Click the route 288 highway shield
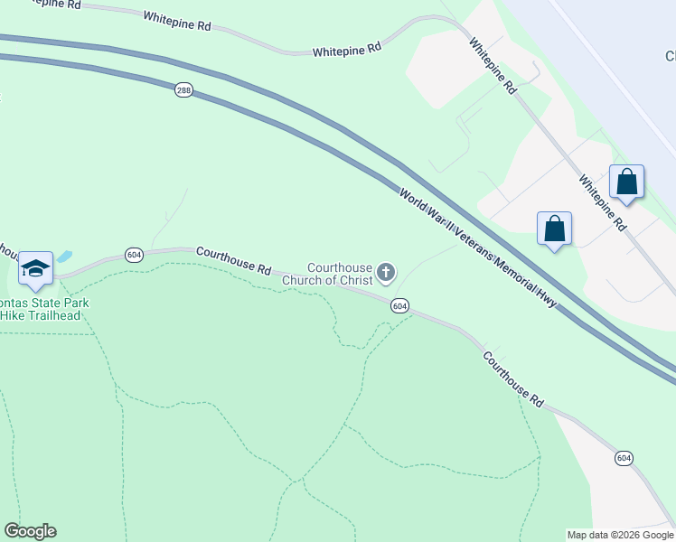[x=183, y=91]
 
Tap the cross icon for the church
[x=386, y=271]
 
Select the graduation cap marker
[x=35, y=268]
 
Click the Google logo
[x=30, y=531]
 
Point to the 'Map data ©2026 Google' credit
[x=620, y=535]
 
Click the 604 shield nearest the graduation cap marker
[x=135, y=255]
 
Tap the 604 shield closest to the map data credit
[x=624, y=459]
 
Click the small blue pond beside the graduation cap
[x=64, y=257]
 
